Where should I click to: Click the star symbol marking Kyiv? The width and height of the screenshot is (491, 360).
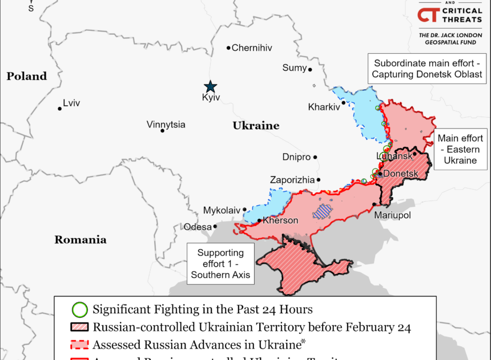tap(211, 86)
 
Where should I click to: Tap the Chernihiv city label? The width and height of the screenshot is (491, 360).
tap(252, 48)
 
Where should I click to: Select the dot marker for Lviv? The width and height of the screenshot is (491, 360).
tap(59, 108)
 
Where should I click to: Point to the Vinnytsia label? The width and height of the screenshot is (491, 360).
tap(166, 125)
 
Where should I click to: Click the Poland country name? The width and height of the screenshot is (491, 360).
tap(26, 76)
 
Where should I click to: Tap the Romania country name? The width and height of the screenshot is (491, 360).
tap(80, 239)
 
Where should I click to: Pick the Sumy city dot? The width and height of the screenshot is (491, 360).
tap(310, 70)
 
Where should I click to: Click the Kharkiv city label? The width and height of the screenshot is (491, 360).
tap(323, 106)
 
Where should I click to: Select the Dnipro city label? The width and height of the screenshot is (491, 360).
tap(296, 157)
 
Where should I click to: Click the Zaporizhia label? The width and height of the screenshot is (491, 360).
tap(292, 180)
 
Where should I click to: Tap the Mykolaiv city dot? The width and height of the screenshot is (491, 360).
tap(245, 210)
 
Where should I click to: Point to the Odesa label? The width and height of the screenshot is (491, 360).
tap(198, 227)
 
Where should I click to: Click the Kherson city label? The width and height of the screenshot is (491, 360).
tap(280, 221)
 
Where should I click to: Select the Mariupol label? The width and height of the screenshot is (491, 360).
tap(392, 215)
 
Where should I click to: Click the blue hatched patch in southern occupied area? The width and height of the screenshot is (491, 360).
tap(323, 213)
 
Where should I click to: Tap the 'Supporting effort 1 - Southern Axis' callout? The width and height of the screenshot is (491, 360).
tap(220, 264)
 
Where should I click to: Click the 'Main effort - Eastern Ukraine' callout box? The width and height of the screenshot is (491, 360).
tap(460, 149)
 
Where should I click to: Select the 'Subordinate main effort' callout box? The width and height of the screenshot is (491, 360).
tap(428, 69)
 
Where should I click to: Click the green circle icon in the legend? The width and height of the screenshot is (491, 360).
tap(81, 310)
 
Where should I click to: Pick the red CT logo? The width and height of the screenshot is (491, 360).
tap(429, 15)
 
